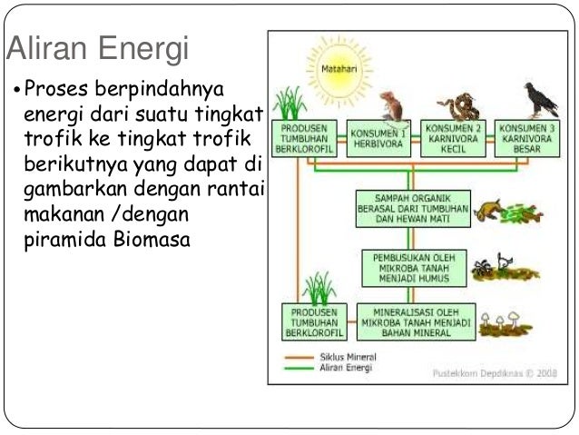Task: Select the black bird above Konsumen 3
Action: (539, 100)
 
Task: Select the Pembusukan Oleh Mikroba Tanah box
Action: (414, 266)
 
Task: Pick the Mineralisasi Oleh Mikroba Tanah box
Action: (414, 321)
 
